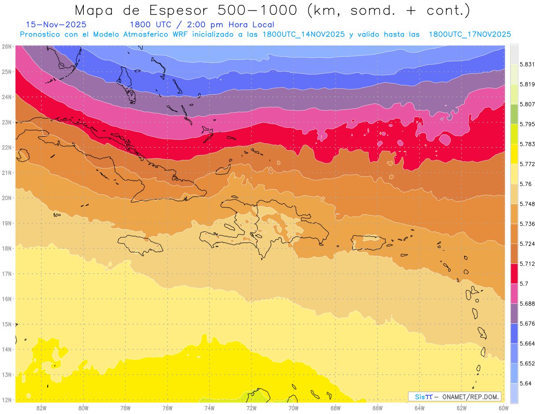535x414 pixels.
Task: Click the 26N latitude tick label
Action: tap(6, 46)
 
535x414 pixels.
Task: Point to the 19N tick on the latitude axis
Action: tap(6, 223)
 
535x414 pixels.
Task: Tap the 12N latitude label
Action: tap(6, 400)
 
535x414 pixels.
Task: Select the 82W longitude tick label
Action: tap(41, 408)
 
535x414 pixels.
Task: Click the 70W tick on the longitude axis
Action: tap(293, 408)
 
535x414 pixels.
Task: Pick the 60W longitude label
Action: tap(504, 408)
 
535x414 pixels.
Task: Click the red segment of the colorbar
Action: tap(514, 273)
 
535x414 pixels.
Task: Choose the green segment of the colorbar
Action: tap(514, 114)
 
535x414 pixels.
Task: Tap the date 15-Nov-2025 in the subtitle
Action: tap(56, 25)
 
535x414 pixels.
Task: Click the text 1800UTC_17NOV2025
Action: tap(469, 34)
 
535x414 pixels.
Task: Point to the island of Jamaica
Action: tap(140, 244)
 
